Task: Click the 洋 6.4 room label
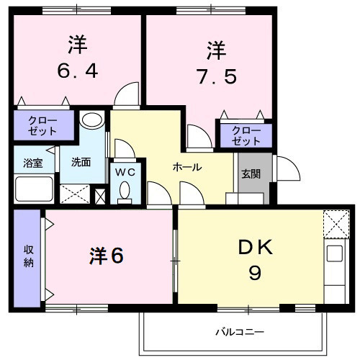(77, 58)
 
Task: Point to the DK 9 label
(254, 260)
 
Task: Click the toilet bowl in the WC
(125, 191)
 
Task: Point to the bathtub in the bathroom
(33, 189)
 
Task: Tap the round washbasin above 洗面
(91, 120)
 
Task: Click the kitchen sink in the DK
(334, 253)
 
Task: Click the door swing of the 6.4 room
(128, 94)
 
